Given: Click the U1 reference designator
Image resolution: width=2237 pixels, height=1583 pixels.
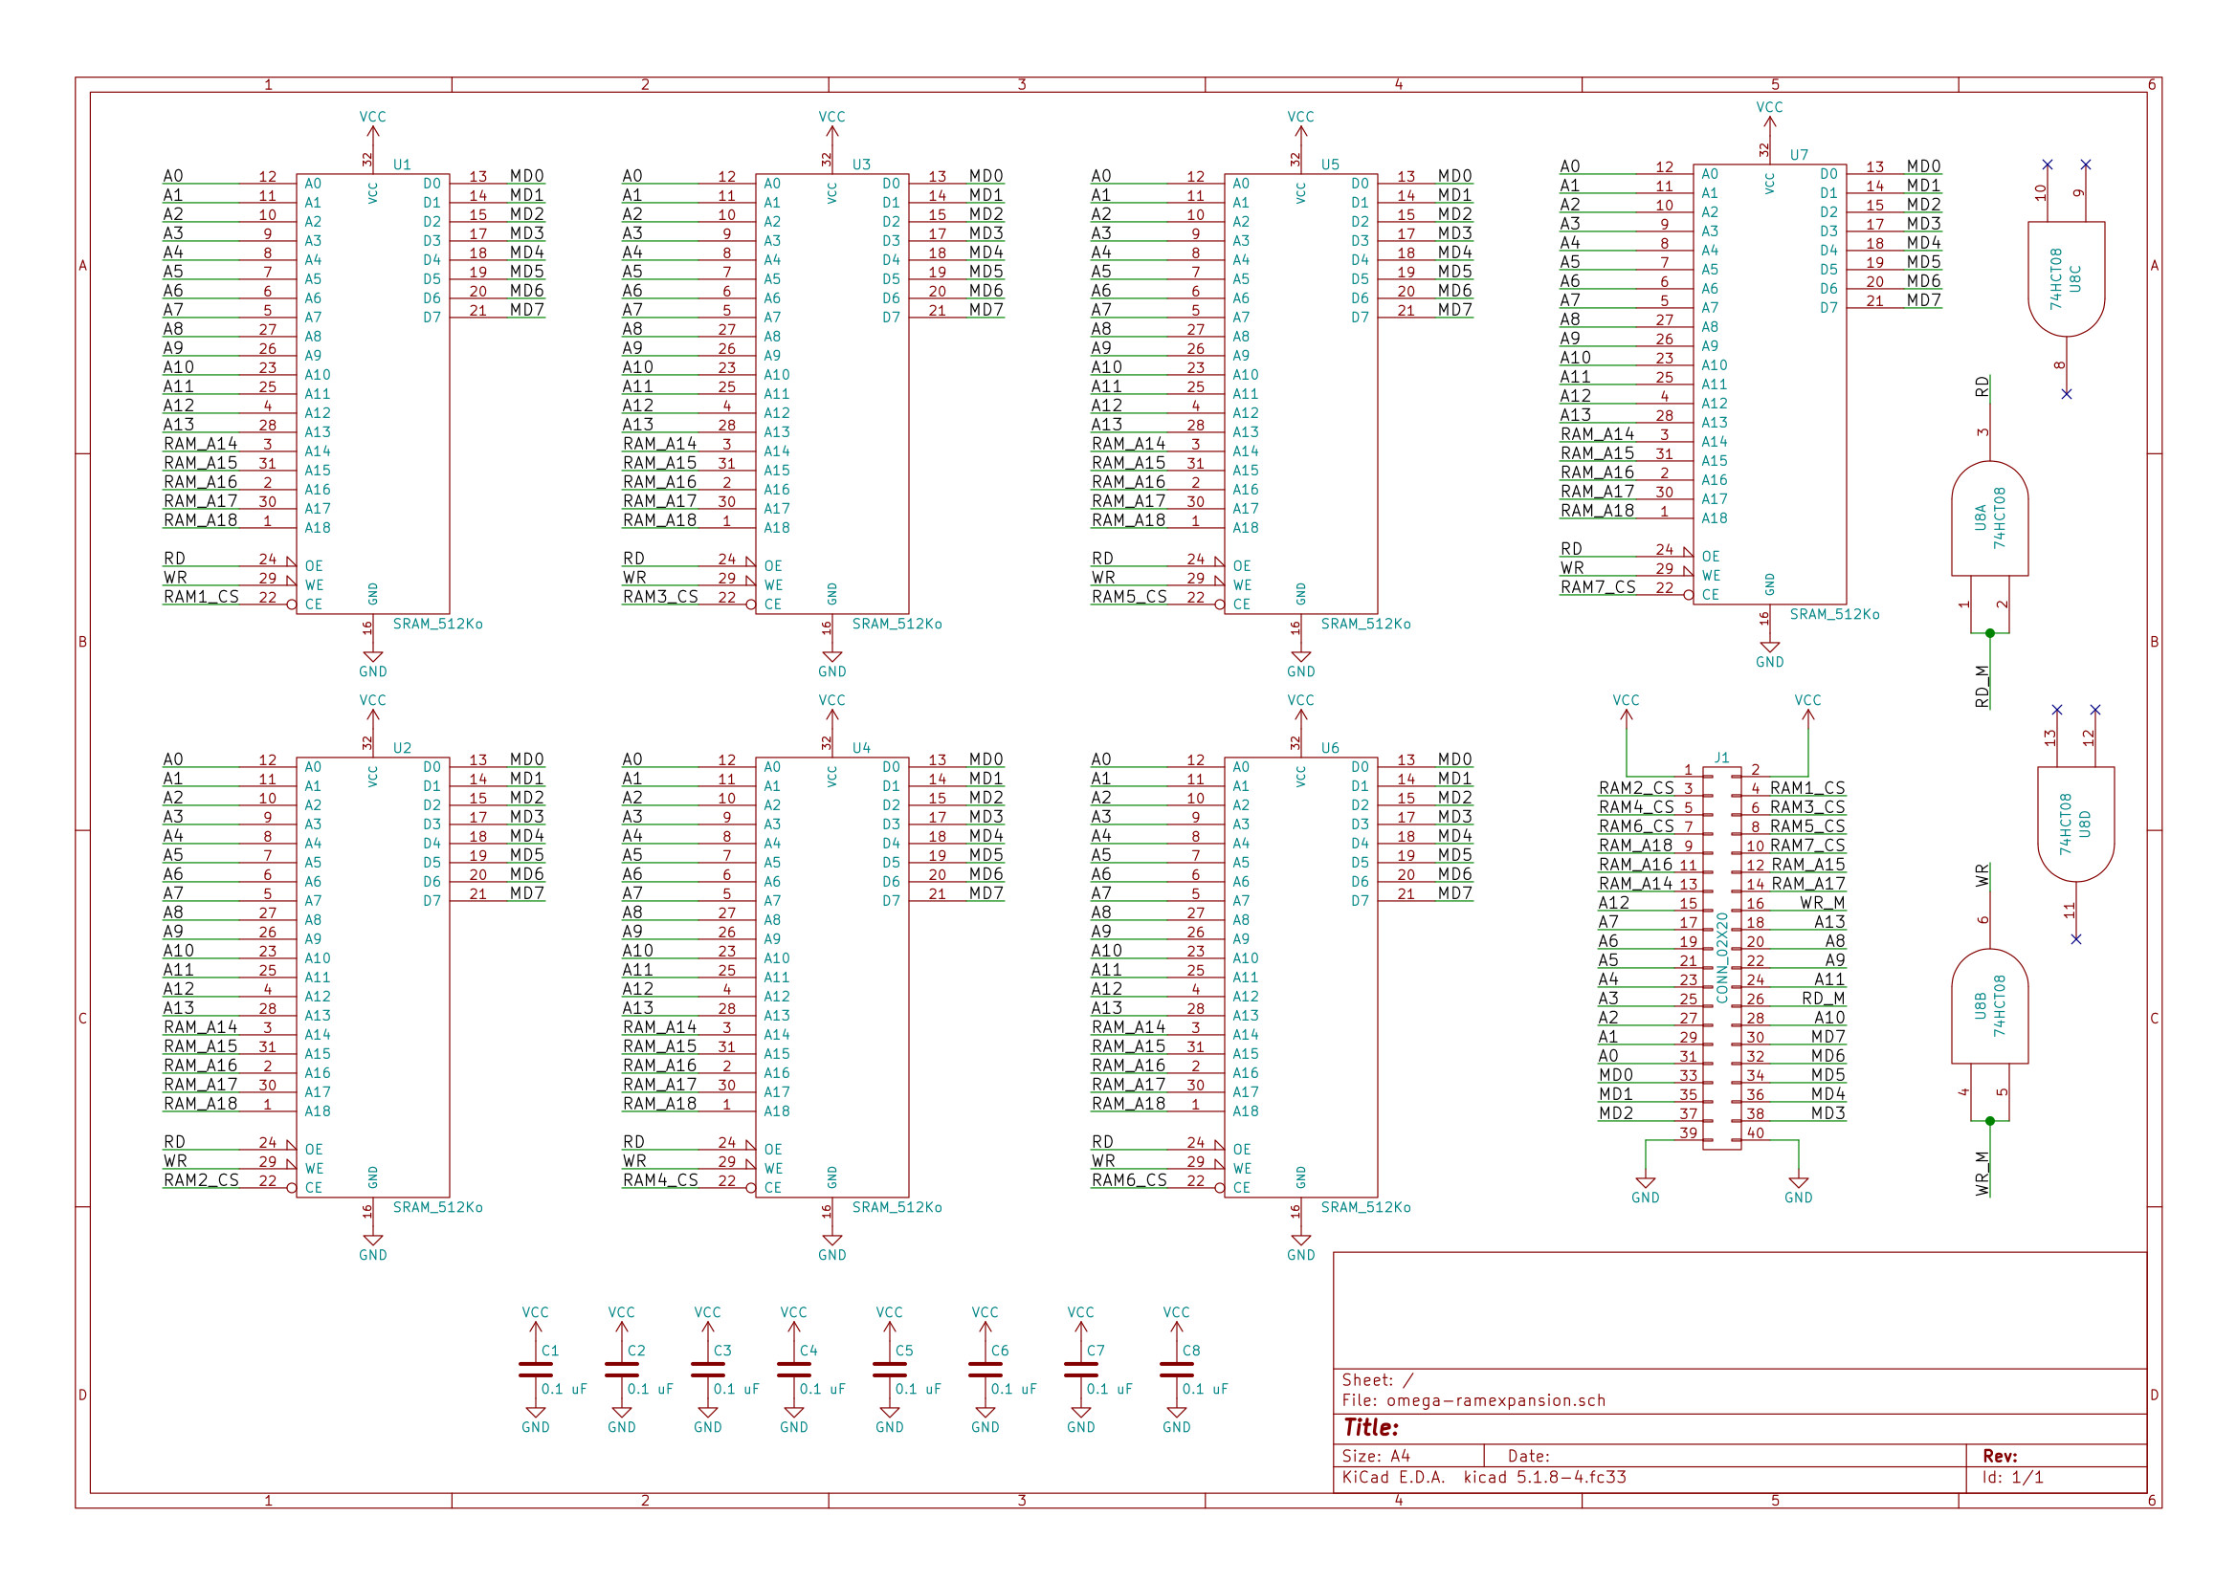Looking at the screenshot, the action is click(x=402, y=165).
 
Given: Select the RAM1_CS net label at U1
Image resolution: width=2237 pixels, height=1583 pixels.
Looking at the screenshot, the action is click(x=201, y=597).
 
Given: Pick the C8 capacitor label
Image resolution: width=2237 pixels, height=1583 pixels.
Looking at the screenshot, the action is click(x=1191, y=1351).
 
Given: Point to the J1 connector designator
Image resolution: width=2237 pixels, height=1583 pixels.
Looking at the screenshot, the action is click(x=1722, y=758).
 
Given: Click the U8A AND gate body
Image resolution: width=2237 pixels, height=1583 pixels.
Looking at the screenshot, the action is click(x=1989, y=518).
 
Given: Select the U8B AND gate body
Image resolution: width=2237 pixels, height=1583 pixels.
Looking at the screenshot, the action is click(x=1989, y=1006).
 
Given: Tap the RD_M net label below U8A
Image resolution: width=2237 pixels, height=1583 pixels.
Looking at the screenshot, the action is click(x=1982, y=685).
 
